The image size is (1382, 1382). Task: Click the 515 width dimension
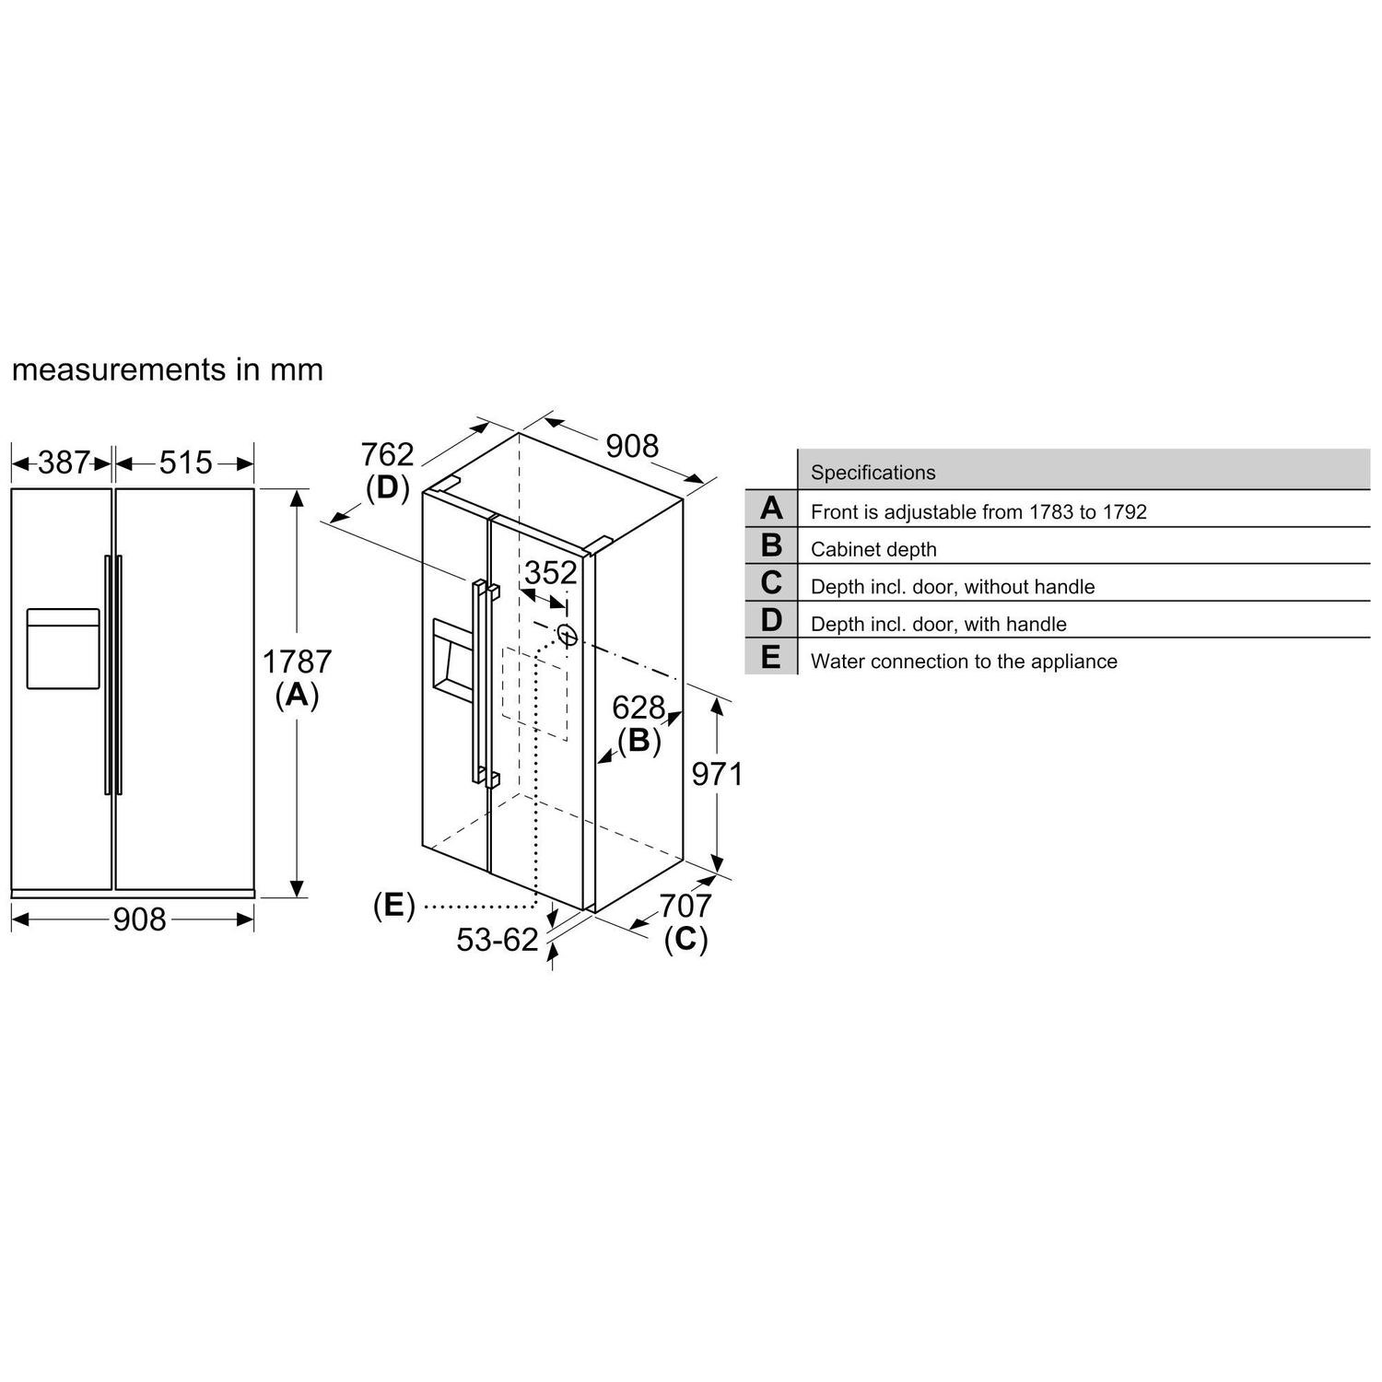click(x=185, y=463)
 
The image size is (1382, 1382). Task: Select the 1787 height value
click(x=297, y=662)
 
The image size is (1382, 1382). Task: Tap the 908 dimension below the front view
click(x=139, y=919)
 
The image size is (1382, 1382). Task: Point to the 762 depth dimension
click(x=387, y=454)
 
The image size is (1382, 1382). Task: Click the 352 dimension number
click(x=550, y=573)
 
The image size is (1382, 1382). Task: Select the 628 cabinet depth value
click(x=638, y=708)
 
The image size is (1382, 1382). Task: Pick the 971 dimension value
click(x=717, y=775)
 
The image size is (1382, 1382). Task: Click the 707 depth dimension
click(x=685, y=906)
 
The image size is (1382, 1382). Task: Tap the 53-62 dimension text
click(x=498, y=940)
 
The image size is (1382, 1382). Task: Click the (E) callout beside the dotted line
click(x=393, y=906)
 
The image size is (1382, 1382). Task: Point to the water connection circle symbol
click(x=567, y=635)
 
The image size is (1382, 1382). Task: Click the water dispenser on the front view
click(x=63, y=649)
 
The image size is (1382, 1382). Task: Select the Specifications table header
click(x=873, y=473)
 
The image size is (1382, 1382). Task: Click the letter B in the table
click(x=771, y=545)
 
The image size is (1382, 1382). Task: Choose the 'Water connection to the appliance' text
click(x=964, y=662)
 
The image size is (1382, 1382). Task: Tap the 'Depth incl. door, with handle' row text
click(x=938, y=624)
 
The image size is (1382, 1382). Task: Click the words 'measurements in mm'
click(x=168, y=369)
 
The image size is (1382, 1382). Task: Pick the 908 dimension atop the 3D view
click(x=632, y=446)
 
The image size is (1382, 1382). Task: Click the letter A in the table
click(x=771, y=509)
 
